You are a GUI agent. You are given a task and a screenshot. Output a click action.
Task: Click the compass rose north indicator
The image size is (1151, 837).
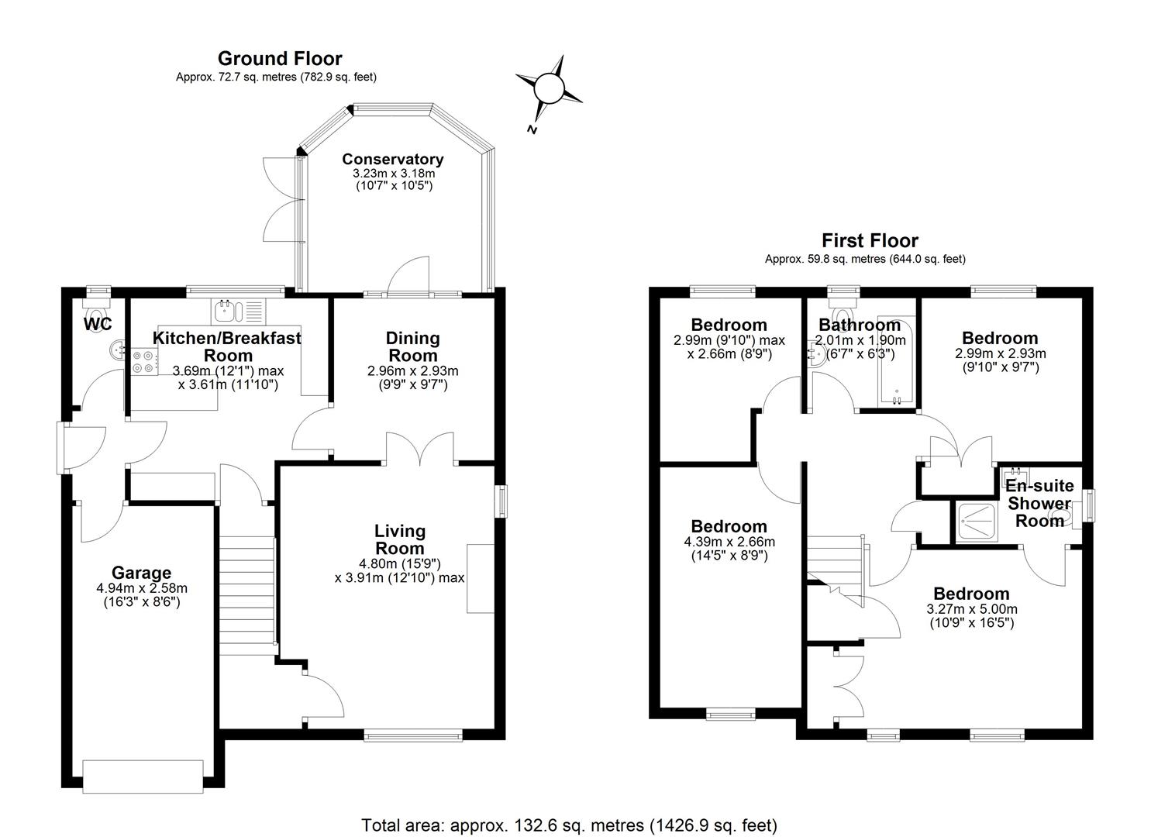pyautogui.click(x=532, y=129)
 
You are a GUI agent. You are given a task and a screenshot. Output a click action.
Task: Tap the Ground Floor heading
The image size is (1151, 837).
pyautogui.click(x=280, y=59)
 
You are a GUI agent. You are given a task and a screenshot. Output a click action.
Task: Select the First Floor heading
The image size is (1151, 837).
pyautogui.click(x=870, y=240)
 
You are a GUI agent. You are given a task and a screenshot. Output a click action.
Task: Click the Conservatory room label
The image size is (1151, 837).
pyautogui.click(x=393, y=160)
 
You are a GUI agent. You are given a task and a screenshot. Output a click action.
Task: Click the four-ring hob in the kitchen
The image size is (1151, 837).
pyautogui.click(x=144, y=362)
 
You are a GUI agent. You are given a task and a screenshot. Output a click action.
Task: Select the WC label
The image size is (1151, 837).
pyautogui.click(x=98, y=324)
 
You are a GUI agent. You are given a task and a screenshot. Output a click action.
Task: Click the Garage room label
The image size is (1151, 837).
pyautogui.click(x=141, y=573)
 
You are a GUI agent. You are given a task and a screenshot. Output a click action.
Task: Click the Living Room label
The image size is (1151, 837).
pyautogui.click(x=400, y=539)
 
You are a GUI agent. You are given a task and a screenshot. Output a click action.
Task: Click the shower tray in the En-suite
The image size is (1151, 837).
pyautogui.click(x=977, y=522)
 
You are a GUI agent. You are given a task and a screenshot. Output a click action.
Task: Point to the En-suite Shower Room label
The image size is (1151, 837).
pyautogui.click(x=1039, y=503)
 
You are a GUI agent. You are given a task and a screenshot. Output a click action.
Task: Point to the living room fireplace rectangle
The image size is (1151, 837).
pyautogui.click(x=480, y=579)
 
